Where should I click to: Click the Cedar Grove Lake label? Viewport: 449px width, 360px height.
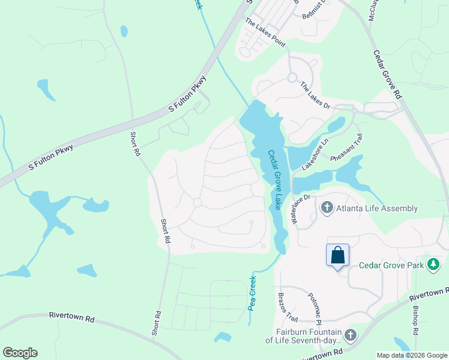click(275, 179)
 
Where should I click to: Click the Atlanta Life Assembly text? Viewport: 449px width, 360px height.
click(378, 208)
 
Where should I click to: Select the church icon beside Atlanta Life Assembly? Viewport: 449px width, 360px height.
click(327, 208)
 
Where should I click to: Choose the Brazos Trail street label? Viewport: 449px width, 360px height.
click(285, 307)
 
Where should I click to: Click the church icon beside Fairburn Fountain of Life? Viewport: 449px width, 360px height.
click(351, 335)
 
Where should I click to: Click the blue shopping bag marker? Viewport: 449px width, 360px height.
click(338, 255)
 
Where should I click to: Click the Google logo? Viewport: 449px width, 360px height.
click(20, 353)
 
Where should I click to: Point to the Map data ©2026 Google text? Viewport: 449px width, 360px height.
click(411, 355)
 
